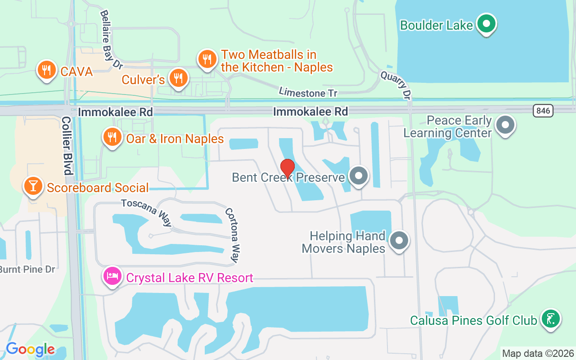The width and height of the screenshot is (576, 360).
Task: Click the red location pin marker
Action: [288, 168]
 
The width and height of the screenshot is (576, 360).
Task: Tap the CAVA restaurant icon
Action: [46, 70]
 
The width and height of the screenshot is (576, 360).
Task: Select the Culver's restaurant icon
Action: [179, 78]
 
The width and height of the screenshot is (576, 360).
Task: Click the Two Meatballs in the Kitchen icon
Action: [207, 59]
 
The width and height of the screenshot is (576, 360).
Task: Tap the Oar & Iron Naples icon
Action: [112, 137]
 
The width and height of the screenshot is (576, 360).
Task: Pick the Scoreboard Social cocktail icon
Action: [33, 186]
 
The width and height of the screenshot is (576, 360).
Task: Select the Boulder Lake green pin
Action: [486, 23]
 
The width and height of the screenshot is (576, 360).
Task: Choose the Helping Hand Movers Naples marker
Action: [399, 241]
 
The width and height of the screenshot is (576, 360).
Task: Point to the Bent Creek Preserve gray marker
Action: [359, 176]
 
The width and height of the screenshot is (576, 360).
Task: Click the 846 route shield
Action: [543, 111]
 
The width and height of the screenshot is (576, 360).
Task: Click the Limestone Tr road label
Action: [308, 92]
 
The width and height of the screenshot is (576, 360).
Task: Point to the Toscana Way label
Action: [146, 212]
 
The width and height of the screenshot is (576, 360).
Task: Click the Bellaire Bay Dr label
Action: [111, 40]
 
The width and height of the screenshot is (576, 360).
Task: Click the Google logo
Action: [30, 349]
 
